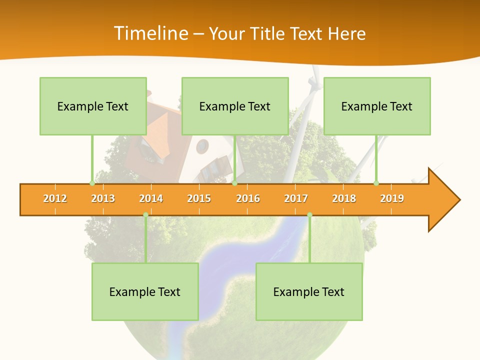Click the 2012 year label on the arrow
click(55, 198)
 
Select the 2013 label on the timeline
click(103, 198)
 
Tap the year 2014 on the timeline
click(151, 198)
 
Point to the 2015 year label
click(199, 198)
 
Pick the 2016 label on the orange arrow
click(248, 198)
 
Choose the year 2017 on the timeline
click(296, 198)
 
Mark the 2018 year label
click(344, 198)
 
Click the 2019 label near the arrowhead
click(392, 198)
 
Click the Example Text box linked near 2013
click(93, 106)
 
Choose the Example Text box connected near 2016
click(235, 106)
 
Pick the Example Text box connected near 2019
click(377, 106)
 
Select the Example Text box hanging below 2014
click(145, 291)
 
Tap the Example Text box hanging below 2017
click(309, 291)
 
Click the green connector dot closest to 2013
click(92, 183)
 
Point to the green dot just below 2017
click(309, 215)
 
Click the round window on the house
click(202, 146)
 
